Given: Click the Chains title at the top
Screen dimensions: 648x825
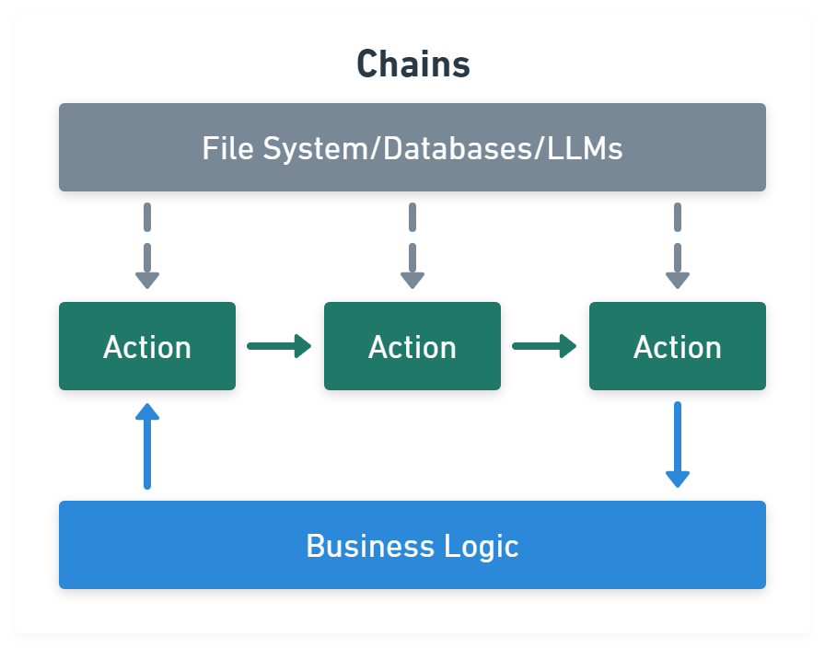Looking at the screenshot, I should (x=412, y=64).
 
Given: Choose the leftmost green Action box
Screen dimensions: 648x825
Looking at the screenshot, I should (x=147, y=346).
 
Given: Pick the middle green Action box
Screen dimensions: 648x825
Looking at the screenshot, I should (x=412, y=346).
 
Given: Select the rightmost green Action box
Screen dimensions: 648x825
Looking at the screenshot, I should (x=678, y=346).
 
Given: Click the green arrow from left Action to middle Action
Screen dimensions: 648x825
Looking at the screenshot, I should (x=279, y=346).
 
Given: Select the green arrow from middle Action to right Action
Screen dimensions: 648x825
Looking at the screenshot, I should (x=544, y=346).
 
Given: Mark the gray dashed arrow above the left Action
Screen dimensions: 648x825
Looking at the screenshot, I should (x=147, y=247).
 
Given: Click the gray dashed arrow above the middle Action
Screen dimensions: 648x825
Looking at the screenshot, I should (x=412, y=247).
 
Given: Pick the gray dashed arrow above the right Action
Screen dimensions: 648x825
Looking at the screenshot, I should (x=678, y=247).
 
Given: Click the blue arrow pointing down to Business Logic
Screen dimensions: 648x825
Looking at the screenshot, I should (x=678, y=444).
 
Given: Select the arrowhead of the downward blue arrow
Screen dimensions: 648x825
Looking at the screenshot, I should (x=678, y=478).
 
